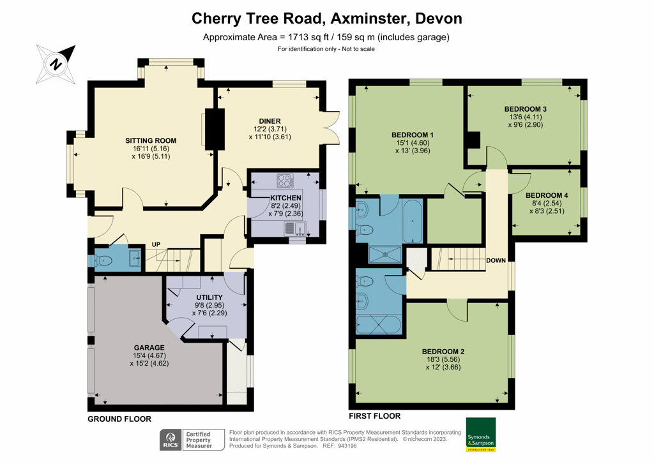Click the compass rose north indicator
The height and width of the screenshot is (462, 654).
(x=56, y=64)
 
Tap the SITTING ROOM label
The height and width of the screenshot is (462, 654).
(x=151, y=140)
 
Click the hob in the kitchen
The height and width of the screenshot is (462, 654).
(x=284, y=180)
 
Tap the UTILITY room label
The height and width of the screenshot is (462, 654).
(x=209, y=297)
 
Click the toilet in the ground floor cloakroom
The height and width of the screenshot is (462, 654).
(x=104, y=260)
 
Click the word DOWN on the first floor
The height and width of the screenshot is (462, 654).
(x=497, y=261)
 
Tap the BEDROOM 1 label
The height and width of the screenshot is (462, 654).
(x=413, y=135)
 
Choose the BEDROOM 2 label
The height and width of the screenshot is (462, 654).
(x=443, y=352)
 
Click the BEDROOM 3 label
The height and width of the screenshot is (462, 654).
(x=525, y=109)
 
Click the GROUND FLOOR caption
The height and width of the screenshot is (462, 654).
(x=119, y=419)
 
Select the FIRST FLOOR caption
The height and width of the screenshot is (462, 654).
(x=375, y=416)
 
